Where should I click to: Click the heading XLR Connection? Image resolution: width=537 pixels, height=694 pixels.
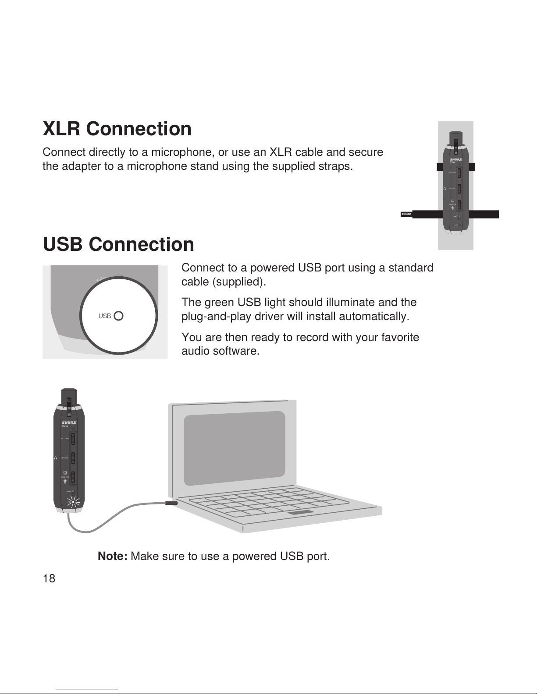117,129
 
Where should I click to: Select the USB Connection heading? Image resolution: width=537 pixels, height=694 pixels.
118,244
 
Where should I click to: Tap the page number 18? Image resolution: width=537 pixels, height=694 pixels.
49,579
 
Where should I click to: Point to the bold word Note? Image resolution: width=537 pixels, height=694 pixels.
113,557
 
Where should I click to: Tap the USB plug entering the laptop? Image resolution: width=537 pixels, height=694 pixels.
171,503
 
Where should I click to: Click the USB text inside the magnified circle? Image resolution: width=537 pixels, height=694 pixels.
105,316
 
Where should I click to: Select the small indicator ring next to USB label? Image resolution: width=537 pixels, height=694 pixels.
118,316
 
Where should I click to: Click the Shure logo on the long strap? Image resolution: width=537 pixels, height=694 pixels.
406,214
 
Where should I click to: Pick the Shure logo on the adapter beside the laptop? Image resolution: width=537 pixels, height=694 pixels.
69,422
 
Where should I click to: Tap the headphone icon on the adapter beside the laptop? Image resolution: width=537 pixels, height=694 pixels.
56,458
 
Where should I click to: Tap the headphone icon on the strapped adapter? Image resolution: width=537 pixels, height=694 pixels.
445,188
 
